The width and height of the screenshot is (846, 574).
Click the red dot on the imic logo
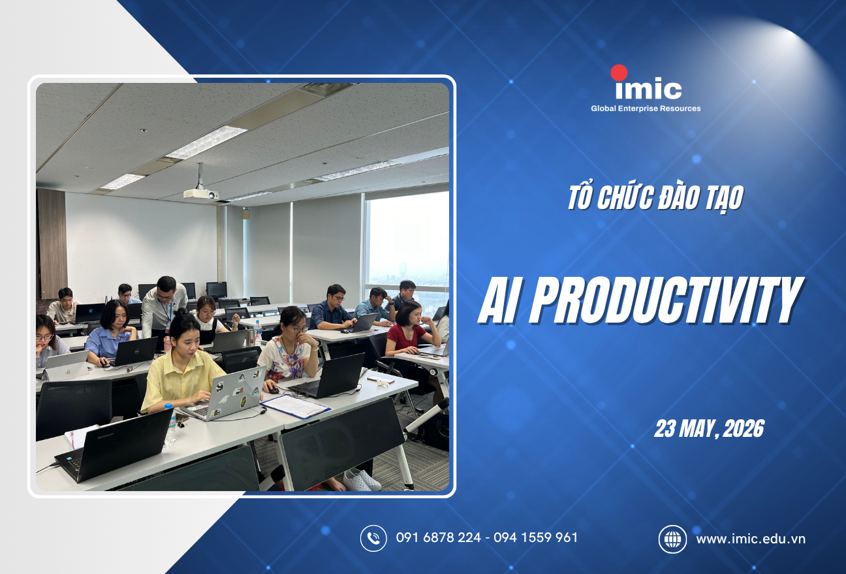[619, 73]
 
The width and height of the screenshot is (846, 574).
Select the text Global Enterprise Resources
[645, 108]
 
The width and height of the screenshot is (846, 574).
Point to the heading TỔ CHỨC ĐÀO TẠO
[655, 198]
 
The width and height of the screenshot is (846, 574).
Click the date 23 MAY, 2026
[709, 429]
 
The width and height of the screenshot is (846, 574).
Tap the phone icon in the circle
[373, 538]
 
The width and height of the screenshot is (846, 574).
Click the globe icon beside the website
[672, 539]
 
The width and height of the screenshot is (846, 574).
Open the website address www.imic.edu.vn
[751, 539]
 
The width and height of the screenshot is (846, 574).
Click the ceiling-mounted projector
[200, 193]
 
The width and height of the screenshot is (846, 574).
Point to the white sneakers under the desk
[362, 479]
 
